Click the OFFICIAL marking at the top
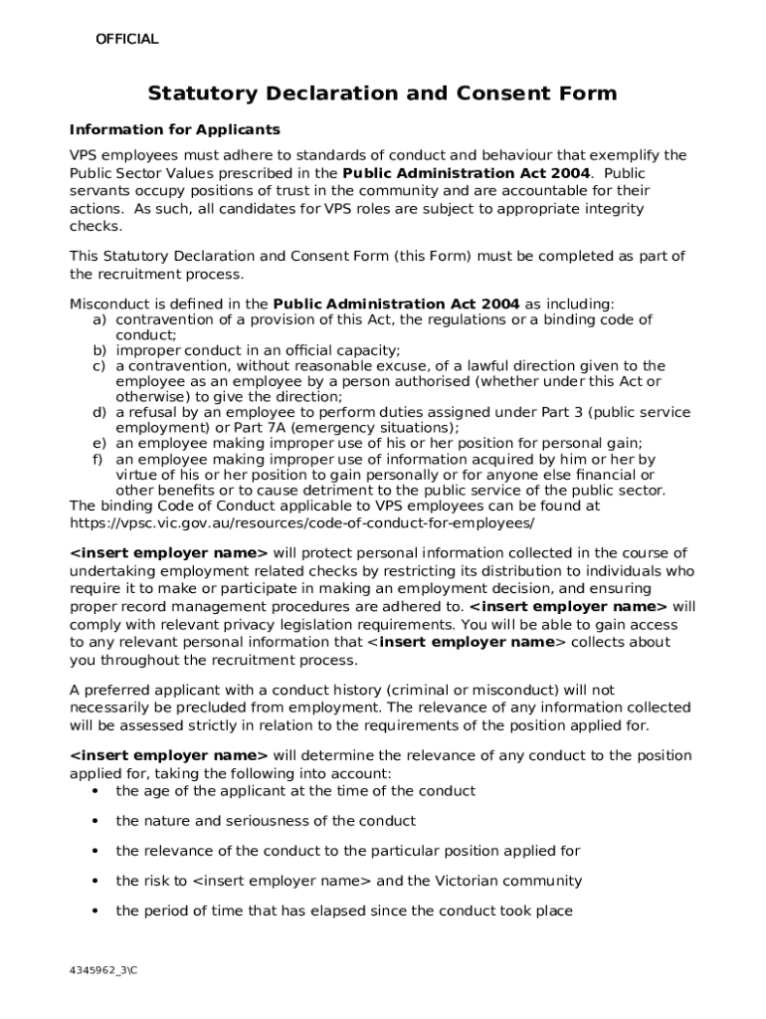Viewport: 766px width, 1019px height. [126, 40]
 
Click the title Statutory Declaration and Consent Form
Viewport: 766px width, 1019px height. [382, 94]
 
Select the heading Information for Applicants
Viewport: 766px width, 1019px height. [174, 130]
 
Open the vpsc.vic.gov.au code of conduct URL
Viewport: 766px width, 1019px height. [301, 521]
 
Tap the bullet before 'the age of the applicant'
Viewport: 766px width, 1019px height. [95, 791]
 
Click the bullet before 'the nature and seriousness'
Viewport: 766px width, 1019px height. [95, 821]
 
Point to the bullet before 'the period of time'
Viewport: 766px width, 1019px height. [95, 911]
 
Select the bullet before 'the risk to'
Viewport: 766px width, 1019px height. [95, 881]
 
